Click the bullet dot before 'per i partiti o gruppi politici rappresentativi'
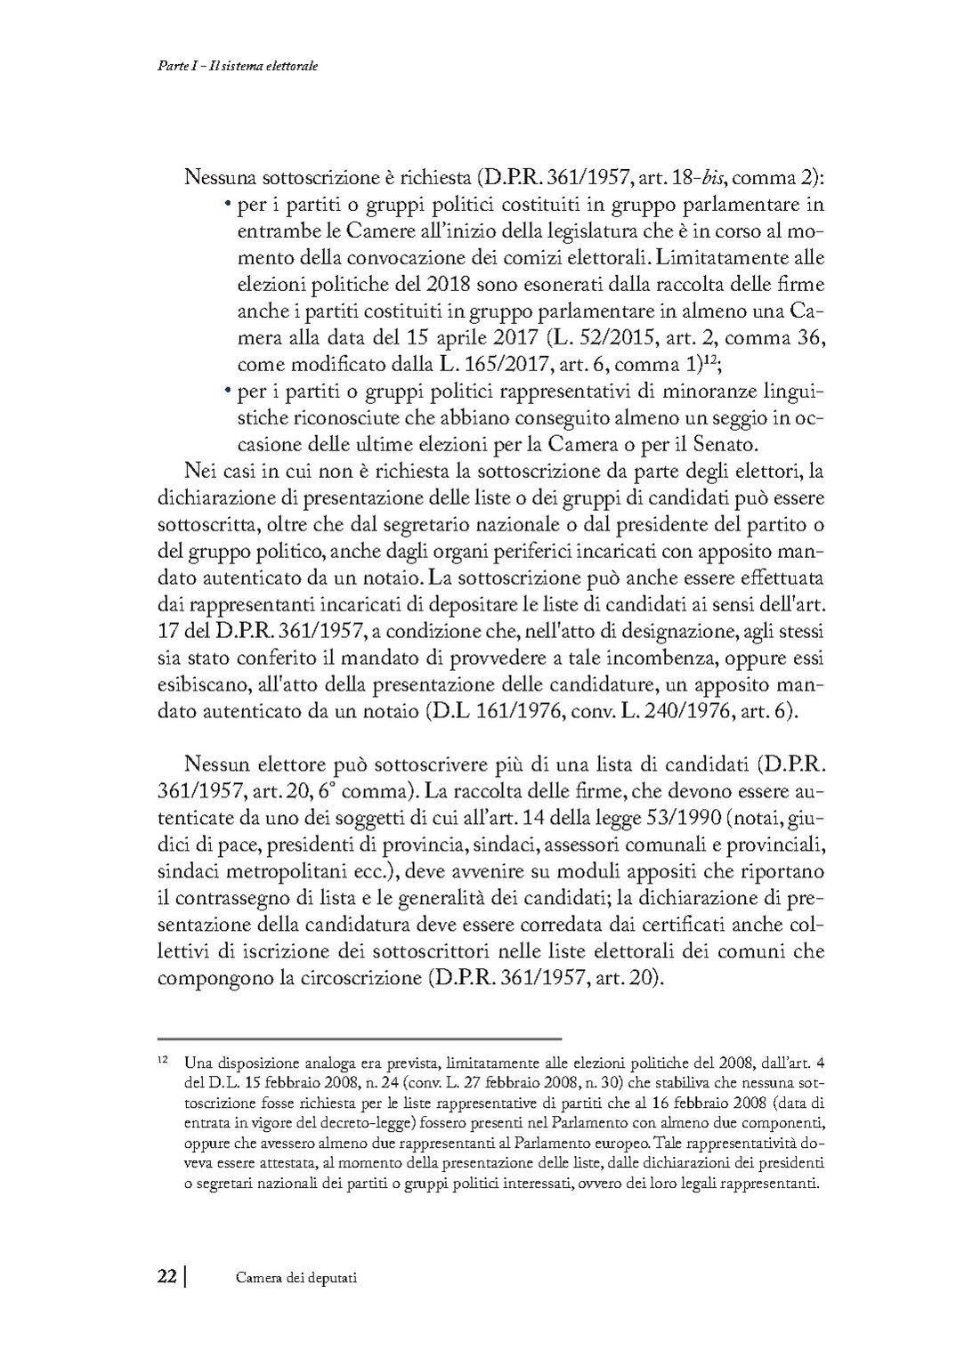228,391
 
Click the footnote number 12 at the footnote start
162,1061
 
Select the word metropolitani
265,869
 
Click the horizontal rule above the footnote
360,1038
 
